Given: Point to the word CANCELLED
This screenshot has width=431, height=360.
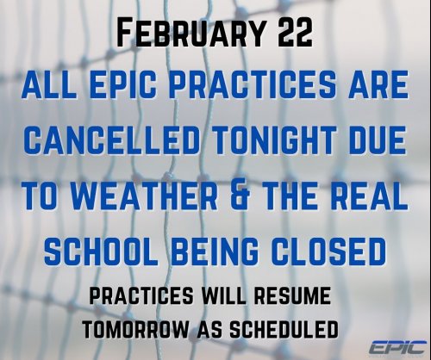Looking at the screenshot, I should [x=116, y=138].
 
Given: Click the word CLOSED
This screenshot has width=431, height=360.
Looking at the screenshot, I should [x=328, y=251].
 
